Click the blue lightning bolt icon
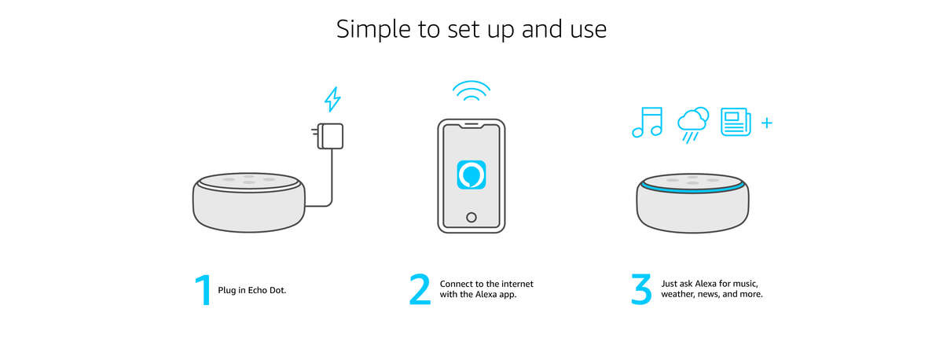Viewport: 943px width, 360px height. click(332, 99)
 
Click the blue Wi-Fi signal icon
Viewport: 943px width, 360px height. click(472, 91)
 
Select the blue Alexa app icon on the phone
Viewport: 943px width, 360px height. click(472, 174)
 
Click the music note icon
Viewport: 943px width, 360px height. click(648, 122)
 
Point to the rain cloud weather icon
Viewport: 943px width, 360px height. click(693, 125)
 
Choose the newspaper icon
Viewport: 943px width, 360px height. click(736, 122)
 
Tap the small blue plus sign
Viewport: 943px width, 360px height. click(767, 123)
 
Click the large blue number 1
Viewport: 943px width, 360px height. click(204, 290)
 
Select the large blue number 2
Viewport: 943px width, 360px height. click(420, 289)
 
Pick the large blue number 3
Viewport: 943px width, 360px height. click(641, 289)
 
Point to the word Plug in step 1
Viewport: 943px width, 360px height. click(226, 291)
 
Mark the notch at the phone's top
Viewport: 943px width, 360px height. click(472, 125)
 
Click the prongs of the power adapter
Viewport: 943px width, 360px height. click(315, 131)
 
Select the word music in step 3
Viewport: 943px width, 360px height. click(746, 285)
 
